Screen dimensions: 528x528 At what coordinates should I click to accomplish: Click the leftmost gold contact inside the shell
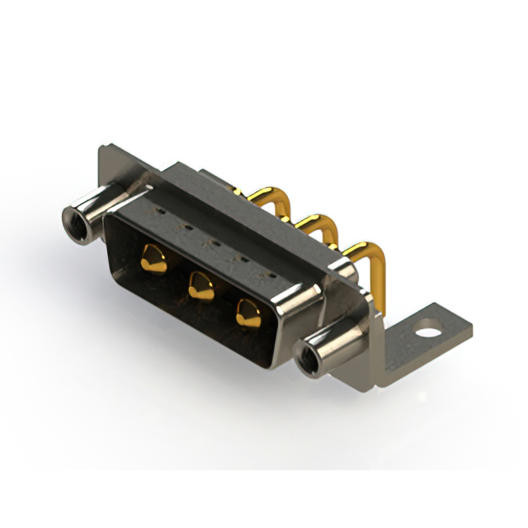point(153,257)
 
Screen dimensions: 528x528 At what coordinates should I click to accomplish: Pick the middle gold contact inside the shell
point(200,285)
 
